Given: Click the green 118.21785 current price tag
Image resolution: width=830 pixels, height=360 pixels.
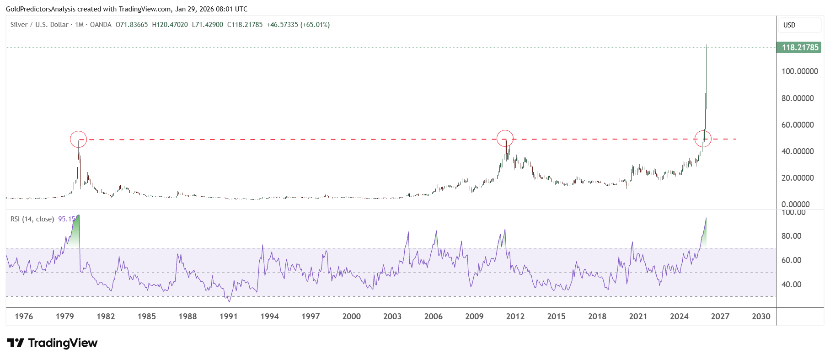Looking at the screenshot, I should (x=799, y=48).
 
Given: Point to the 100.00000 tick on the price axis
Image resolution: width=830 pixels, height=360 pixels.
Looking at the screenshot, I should (x=799, y=71).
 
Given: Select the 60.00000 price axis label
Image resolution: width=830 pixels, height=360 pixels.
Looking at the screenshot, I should (x=798, y=125).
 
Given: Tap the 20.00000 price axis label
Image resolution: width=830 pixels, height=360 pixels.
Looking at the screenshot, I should (x=798, y=178).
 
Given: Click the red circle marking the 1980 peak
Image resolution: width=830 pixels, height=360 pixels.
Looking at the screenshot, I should (x=79, y=139).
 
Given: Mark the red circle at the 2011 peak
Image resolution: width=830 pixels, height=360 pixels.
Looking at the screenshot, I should (x=505, y=138).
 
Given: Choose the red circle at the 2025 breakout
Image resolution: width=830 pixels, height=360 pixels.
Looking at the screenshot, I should (x=703, y=138).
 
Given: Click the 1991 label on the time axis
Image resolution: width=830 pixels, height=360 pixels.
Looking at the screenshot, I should (x=229, y=317).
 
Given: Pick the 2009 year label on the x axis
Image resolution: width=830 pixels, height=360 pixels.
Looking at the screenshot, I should (x=474, y=317).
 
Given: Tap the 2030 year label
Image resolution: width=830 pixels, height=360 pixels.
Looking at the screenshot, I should (x=761, y=317).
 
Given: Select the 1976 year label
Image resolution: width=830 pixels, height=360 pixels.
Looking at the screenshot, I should (x=24, y=317).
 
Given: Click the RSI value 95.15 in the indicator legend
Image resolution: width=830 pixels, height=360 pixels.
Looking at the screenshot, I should (x=66, y=219).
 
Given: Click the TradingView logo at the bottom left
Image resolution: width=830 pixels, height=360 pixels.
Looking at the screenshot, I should (x=52, y=343).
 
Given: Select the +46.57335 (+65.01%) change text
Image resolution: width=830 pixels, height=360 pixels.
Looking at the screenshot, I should (x=298, y=25).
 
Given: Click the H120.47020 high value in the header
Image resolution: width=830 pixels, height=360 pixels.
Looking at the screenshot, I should (x=170, y=25).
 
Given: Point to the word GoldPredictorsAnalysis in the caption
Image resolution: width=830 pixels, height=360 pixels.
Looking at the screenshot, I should (x=41, y=9).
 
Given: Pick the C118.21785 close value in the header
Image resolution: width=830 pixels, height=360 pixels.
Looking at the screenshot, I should (x=245, y=25).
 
